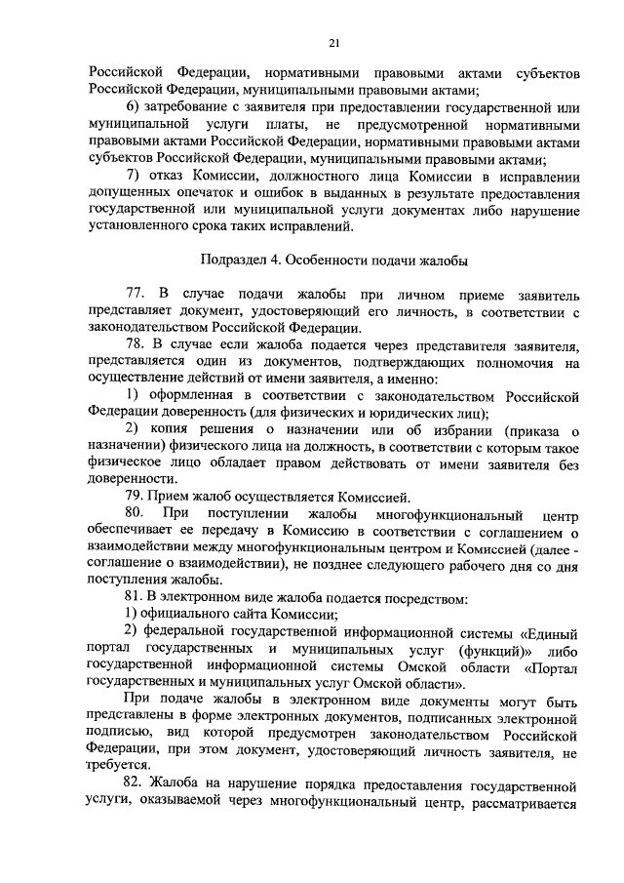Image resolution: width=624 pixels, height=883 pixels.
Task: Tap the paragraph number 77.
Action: (x=135, y=293)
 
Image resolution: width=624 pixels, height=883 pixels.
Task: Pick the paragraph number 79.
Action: (x=135, y=498)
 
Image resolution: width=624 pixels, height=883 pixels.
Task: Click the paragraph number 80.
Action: (x=135, y=514)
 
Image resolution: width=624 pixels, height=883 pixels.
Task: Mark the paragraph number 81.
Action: (x=135, y=597)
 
